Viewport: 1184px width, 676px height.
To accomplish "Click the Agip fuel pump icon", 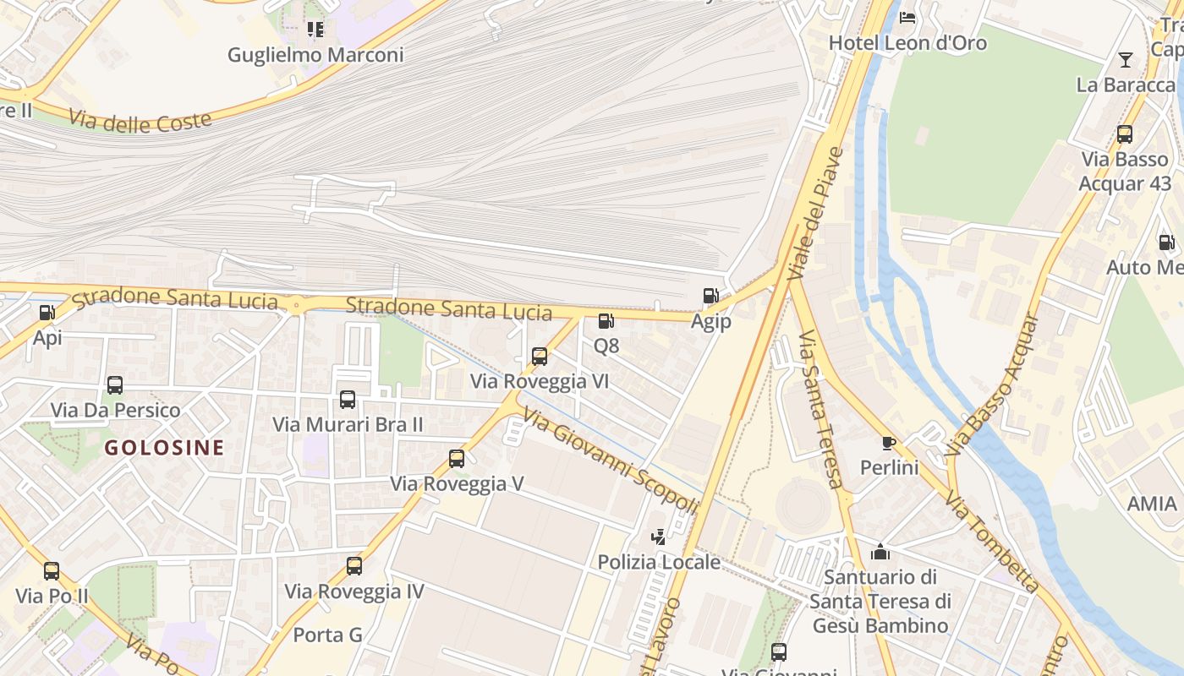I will pos(710,296).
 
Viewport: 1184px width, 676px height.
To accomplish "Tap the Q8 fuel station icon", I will pos(606,321).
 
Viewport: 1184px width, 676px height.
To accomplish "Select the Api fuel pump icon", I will pos(47,313).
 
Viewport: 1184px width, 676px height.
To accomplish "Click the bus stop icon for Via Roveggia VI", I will pos(540,357).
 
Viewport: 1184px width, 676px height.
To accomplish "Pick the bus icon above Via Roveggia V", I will pos(457,459).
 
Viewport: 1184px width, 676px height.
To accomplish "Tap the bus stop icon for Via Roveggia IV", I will pos(354,566).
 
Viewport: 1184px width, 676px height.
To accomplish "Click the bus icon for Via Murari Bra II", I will pos(348,400).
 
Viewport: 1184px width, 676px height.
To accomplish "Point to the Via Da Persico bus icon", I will pos(115,385).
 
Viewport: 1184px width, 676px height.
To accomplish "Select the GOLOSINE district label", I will pos(165,448).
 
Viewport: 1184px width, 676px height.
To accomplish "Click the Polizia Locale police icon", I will pos(658,537).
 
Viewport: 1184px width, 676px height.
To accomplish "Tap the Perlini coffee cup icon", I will pos(888,442).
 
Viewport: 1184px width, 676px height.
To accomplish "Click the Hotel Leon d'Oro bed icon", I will pos(907,17).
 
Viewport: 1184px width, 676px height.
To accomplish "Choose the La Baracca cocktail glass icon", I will pos(1126,59).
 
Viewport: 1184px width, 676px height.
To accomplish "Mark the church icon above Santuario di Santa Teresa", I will pos(880,552).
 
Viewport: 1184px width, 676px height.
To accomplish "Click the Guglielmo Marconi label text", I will pos(315,55).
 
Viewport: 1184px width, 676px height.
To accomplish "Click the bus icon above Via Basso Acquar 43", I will pos(1125,134).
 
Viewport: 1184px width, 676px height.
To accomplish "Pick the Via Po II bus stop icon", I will pos(52,571).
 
